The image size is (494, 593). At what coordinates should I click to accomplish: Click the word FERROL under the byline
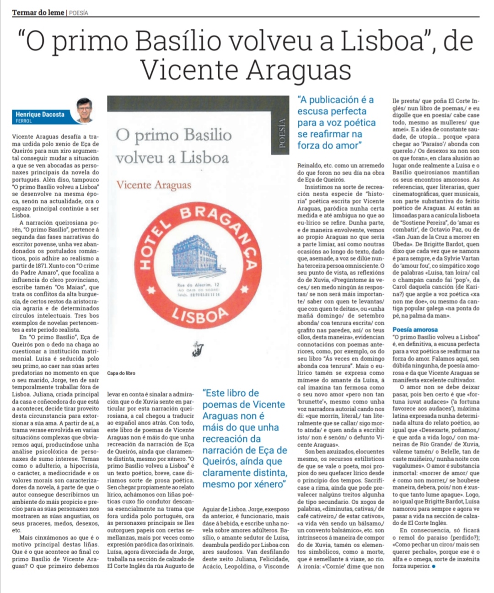tap(24, 121)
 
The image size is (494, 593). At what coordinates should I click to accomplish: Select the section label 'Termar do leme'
tap(38, 12)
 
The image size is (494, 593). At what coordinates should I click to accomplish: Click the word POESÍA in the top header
tap(79, 13)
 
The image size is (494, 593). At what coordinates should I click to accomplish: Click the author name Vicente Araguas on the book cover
tap(154, 185)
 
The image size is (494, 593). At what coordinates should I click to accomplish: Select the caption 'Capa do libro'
tap(121, 373)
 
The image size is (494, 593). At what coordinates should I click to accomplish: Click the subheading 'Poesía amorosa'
tap(415, 329)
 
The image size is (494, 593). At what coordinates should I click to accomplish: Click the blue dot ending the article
tap(433, 566)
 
